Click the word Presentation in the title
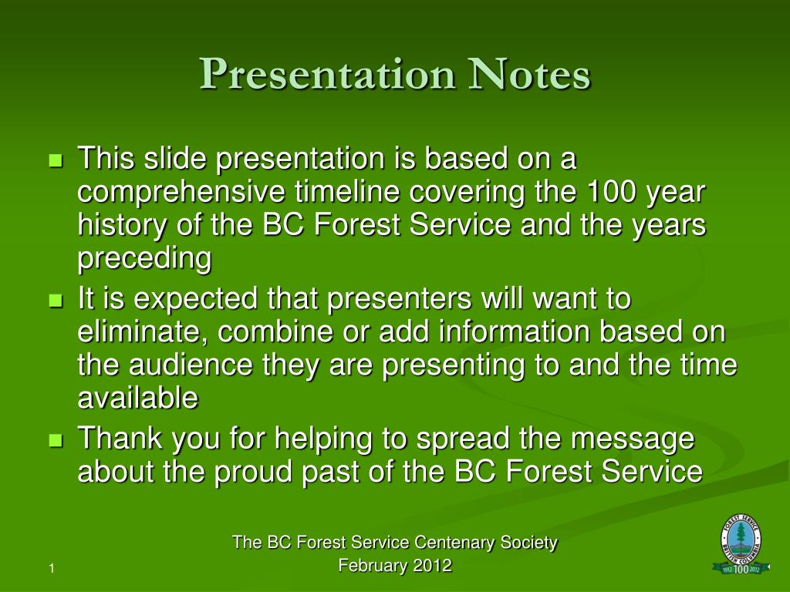point(327,74)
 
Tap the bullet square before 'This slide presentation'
point(56,160)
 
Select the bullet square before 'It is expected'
point(56,301)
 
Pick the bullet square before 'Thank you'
point(56,440)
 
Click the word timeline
point(348,191)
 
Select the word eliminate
point(144,332)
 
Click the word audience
point(191,365)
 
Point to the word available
point(138,398)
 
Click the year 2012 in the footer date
point(432,565)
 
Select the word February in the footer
point(373,566)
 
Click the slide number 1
point(52,569)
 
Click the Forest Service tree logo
point(741,543)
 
